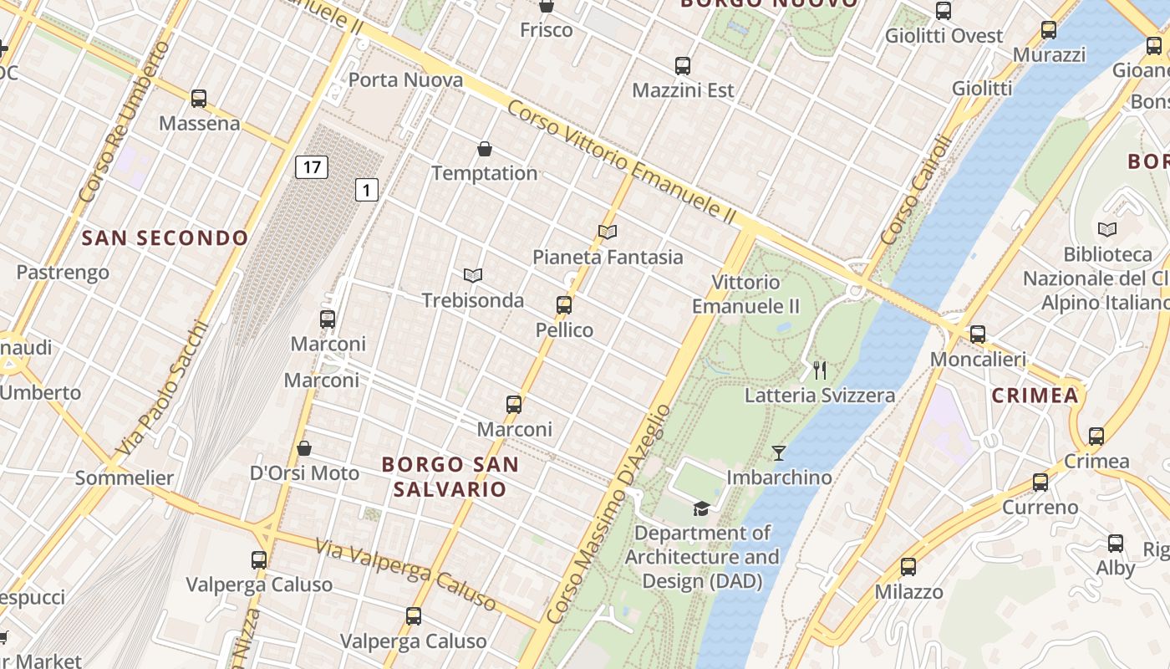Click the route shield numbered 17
click(311, 167)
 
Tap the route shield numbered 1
click(366, 190)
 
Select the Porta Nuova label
click(405, 80)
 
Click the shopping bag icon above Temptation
click(485, 150)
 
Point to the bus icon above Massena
click(199, 99)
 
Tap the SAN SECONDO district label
click(165, 238)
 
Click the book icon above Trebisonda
click(473, 275)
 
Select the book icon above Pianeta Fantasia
click(608, 232)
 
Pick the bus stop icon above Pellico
click(564, 305)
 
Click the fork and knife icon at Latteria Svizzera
click(820, 370)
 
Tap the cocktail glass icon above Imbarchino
click(779, 453)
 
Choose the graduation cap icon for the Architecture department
click(701, 508)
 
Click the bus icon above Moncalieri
click(978, 334)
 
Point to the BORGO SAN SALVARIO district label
click(450, 477)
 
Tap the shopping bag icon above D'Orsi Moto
click(304, 448)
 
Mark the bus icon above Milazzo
click(908, 567)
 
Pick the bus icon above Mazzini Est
click(683, 66)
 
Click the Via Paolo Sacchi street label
click(160, 390)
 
